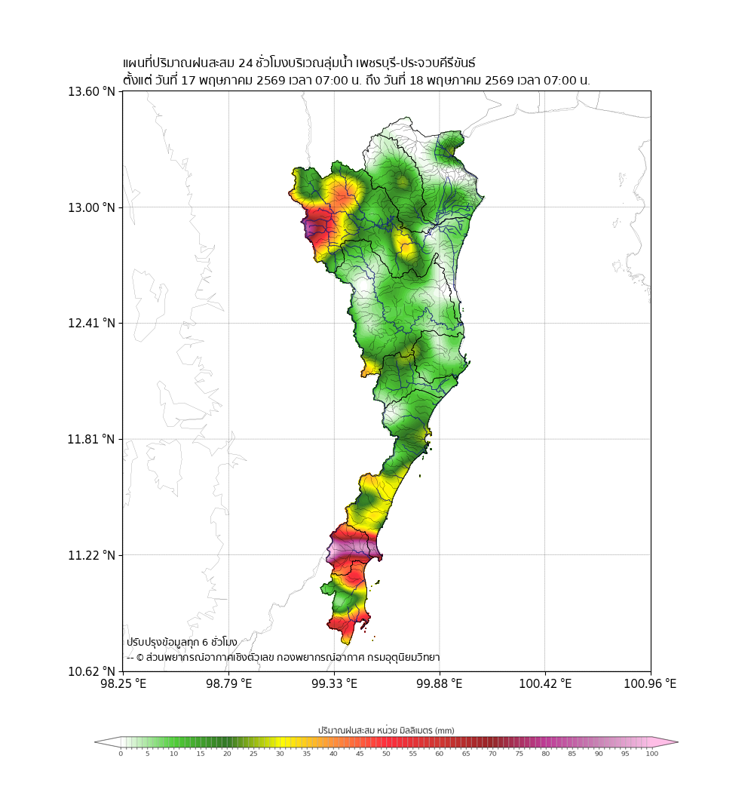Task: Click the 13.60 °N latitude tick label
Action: (x=92, y=91)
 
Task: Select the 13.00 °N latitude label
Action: (x=92, y=207)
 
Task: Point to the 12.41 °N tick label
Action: (x=92, y=323)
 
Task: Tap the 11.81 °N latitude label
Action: (x=92, y=439)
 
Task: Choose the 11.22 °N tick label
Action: (x=92, y=555)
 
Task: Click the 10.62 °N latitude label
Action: (x=92, y=671)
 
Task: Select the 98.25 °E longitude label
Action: (x=123, y=684)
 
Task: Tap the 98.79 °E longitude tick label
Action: (x=228, y=684)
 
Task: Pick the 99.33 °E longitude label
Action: (x=334, y=684)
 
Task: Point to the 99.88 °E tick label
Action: (x=440, y=684)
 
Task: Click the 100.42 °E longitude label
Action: (x=545, y=684)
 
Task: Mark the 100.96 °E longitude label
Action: (x=650, y=684)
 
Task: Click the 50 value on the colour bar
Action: (x=386, y=754)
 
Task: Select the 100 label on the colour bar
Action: (x=652, y=754)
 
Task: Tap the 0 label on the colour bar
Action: (x=121, y=754)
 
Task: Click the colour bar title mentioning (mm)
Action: (x=386, y=730)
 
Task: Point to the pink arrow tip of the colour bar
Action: (x=677, y=742)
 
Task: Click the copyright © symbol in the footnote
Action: (x=140, y=658)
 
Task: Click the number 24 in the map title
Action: (x=246, y=63)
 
